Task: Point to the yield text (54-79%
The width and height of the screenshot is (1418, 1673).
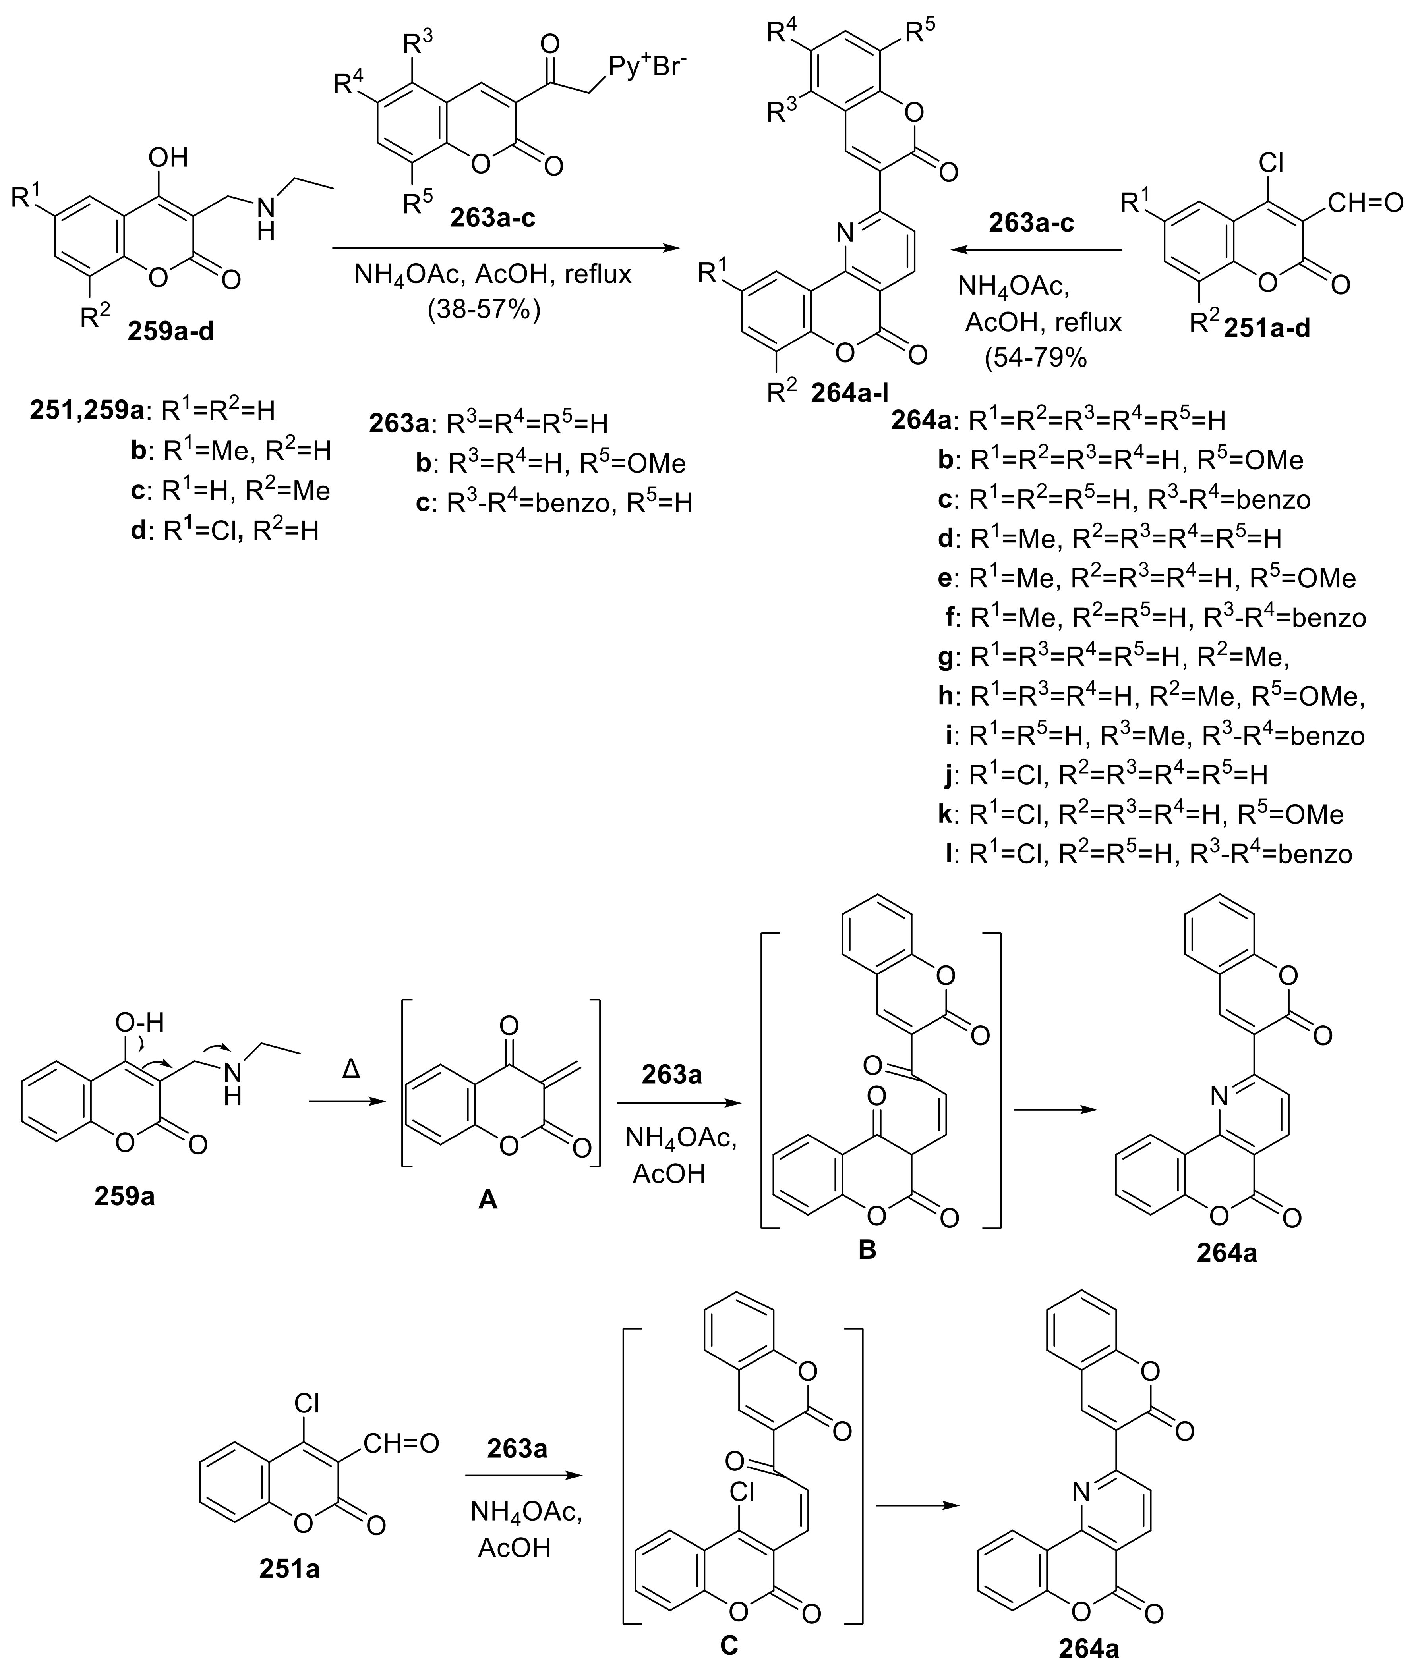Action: point(1035,357)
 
